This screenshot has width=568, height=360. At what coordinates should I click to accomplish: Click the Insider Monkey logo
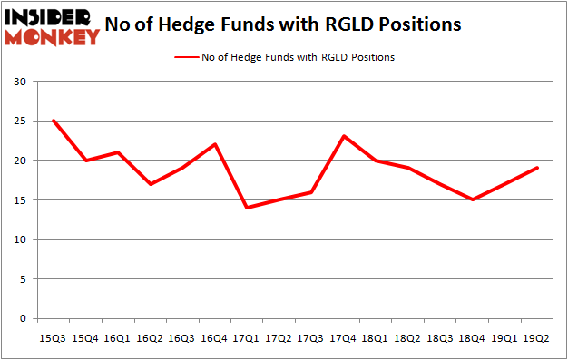click(52, 25)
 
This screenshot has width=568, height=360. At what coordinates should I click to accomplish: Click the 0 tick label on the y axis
click(23, 319)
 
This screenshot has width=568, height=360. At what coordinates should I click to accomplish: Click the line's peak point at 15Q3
click(54, 121)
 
